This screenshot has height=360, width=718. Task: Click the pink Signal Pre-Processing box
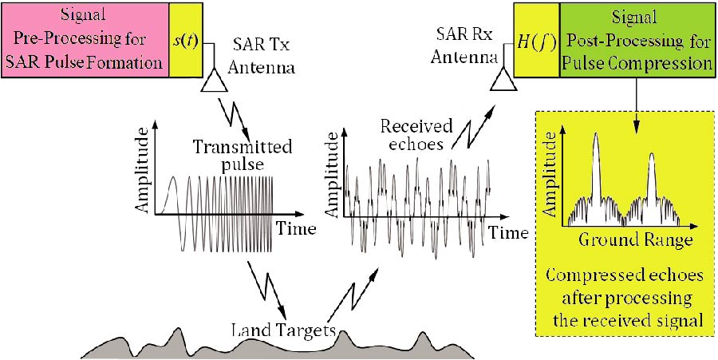[85, 39]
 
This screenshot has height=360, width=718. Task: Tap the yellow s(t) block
[184, 39]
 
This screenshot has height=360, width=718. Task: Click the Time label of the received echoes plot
[508, 233]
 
